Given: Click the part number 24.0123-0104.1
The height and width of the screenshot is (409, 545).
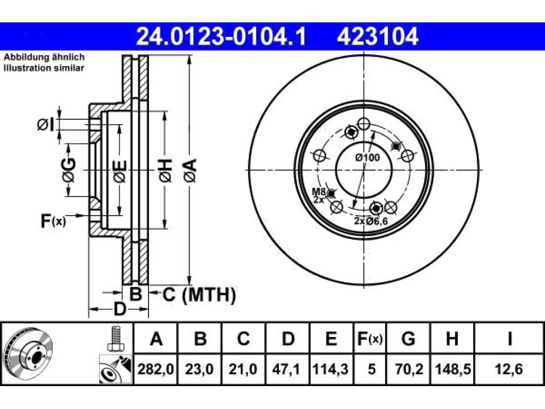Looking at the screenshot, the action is coord(221,37).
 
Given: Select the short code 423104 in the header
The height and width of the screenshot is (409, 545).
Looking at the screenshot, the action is coord(377,37).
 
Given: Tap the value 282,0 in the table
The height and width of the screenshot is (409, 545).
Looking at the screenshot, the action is coord(156,369).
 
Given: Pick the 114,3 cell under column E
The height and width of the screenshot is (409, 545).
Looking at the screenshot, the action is coord(331,369).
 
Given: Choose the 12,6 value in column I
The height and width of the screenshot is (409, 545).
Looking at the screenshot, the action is coord(509,369).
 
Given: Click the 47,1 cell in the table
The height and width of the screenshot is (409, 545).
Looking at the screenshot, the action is coord(287,369).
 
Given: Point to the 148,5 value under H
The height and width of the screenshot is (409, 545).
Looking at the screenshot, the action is coord(452,369).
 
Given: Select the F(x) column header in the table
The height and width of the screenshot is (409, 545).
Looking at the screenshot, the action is coord(370,338).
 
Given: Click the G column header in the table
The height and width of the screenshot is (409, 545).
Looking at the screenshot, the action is coord(408,338).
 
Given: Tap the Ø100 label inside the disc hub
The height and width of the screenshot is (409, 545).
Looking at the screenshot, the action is coord(367,158).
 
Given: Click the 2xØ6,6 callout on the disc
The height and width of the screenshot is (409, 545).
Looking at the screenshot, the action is coord(371,221).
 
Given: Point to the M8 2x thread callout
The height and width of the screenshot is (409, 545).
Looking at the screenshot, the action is coord(318,195).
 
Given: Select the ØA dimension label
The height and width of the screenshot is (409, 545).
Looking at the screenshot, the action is coord(191,170).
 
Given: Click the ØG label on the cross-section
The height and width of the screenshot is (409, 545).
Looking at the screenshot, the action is coord(69,170).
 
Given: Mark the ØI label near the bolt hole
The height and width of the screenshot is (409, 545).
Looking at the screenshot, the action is coord(46,125).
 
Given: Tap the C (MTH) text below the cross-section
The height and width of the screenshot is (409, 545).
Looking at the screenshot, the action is coord(199,295).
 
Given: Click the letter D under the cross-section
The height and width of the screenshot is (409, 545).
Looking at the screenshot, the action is coord(120,309).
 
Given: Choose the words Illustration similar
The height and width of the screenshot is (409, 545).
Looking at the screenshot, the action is coord(44,68).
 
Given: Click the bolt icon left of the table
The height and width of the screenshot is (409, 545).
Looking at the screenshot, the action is coord(115,339).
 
